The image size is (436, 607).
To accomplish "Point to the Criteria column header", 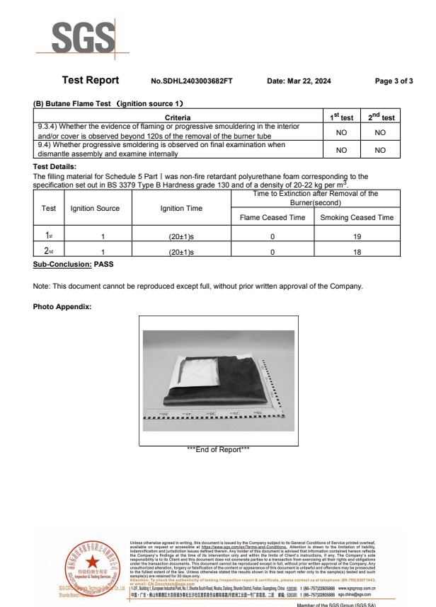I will [177, 117].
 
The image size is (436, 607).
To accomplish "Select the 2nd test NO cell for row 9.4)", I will [380, 150].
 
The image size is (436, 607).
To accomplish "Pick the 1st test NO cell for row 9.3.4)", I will [342, 132].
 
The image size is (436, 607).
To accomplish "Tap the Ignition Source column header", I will [96, 209].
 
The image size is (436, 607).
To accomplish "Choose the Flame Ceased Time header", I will [272, 218].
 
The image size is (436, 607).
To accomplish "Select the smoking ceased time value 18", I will [357, 251].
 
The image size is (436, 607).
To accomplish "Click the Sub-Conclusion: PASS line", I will [73, 265].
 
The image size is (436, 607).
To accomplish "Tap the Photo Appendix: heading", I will [62, 306].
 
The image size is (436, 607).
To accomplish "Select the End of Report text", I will [217, 449].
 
